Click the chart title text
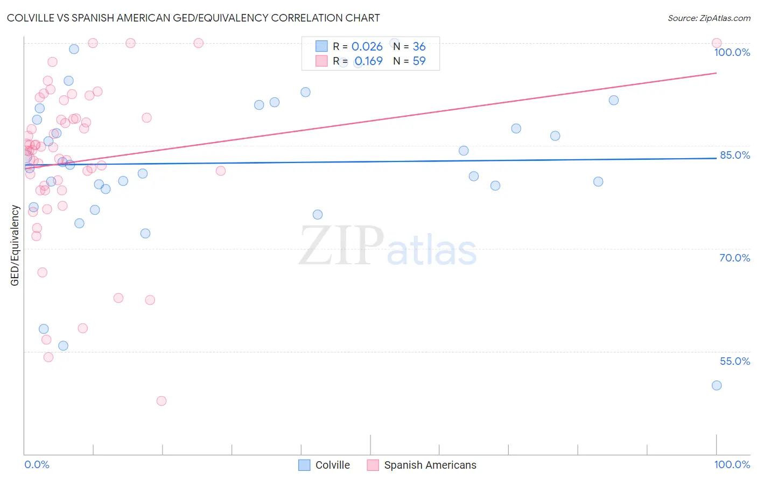click(193, 18)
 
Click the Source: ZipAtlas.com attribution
click(709, 18)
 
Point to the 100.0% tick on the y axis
click(732, 52)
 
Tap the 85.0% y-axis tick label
click(734, 155)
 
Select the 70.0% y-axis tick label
click(734, 258)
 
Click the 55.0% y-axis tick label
click(734, 361)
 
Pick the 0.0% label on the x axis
click(37, 464)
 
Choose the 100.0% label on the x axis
click(732, 464)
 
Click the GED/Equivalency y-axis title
click(15, 245)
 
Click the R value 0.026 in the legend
click(367, 47)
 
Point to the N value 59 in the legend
click(419, 61)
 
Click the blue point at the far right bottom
click(716, 385)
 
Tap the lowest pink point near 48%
click(161, 401)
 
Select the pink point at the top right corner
click(716, 43)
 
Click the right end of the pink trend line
click(716, 73)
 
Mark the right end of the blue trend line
click(716, 158)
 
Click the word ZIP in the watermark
click(341, 246)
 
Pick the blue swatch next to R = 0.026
click(321, 47)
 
